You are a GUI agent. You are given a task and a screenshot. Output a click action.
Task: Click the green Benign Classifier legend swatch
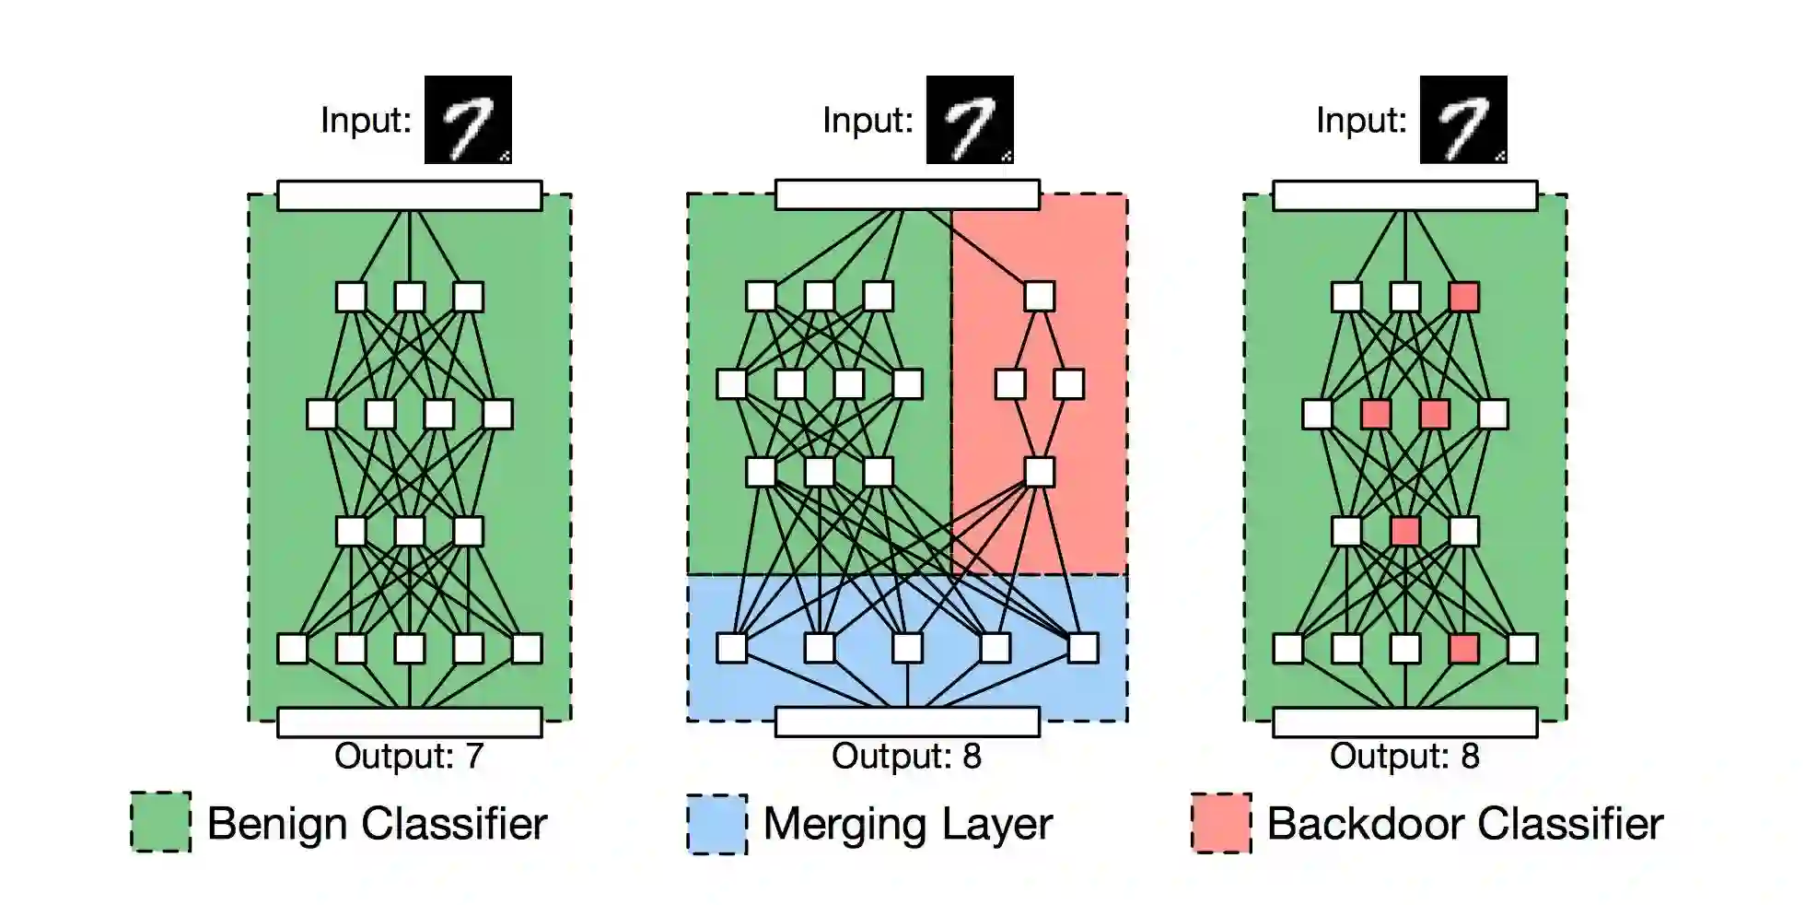(x=161, y=822)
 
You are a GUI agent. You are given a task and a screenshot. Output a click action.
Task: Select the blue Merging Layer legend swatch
(x=716, y=824)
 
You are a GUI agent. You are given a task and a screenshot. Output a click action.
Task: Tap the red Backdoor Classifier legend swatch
(x=1221, y=823)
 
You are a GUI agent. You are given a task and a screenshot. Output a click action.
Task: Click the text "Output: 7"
(x=409, y=757)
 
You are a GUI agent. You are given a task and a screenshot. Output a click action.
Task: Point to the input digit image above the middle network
(x=970, y=120)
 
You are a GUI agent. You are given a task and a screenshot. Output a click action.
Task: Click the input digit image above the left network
(x=468, y=120)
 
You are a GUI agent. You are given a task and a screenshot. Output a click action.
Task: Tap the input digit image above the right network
(x=1463, y=120)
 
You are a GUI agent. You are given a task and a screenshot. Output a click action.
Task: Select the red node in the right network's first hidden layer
(x=1463, y=297)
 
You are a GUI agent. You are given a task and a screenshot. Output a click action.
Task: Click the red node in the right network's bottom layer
(x=1463, y=649)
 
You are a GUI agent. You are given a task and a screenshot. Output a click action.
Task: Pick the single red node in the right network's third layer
(x=1404, y=532)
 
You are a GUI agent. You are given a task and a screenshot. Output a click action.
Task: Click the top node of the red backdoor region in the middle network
(x=1039, y=297)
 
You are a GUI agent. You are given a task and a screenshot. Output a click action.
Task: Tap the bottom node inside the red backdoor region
(x=1039, y=472)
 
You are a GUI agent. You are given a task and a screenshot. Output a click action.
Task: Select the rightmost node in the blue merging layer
(x=1083, y=648)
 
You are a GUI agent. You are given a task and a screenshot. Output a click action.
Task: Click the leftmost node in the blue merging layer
(x=732, y=648)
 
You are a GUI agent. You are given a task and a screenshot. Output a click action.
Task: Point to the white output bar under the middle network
(x=907, y=723)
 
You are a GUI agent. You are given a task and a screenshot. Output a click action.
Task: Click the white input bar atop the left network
(x=409, y=195)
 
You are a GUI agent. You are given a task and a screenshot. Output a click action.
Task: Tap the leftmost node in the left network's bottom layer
(x=293, y=649)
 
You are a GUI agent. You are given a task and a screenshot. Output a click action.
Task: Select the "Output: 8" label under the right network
(x=1404, y=757)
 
